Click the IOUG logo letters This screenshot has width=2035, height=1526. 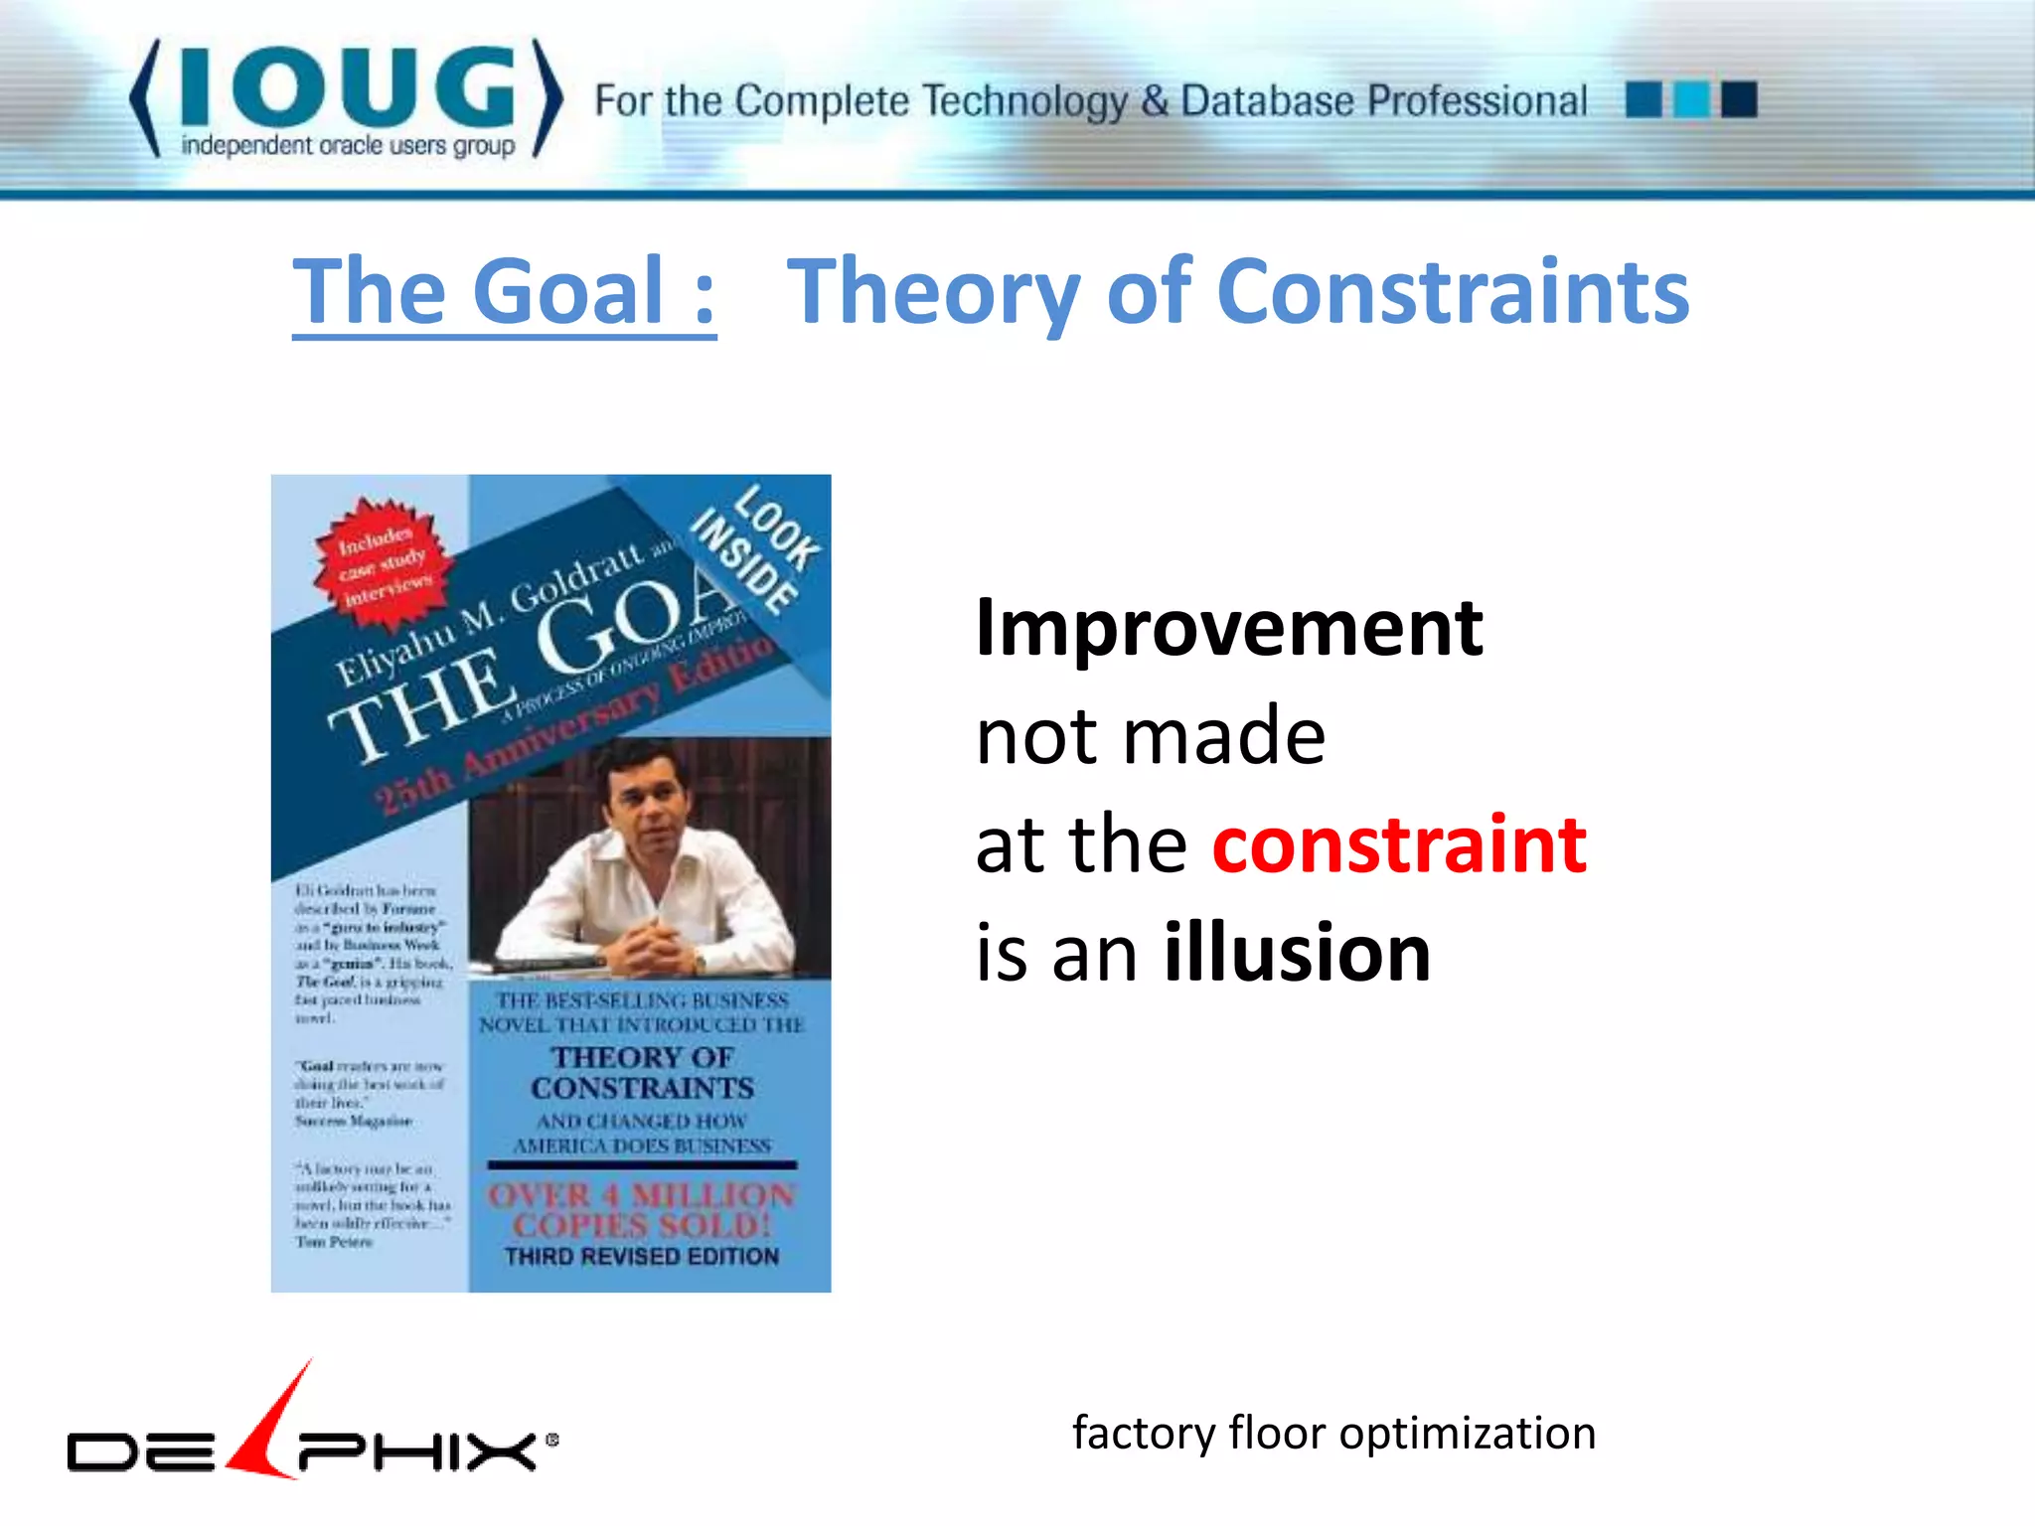pyautogui.click(x=347, y=87)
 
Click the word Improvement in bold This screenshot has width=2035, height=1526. pyautogui.click(x=1229, y=628)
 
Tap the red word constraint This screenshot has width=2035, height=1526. pyautogui.click(x=1399, y=844)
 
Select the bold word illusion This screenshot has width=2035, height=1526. pyautogui.click(x=1297, y=953)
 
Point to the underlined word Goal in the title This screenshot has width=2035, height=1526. pyautogui.click(x=568, y=291)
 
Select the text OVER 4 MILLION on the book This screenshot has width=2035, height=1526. pyautogui.click(x=641, y=1195)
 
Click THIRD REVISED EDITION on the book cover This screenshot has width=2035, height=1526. pyautogui.click(x=642, y=1257)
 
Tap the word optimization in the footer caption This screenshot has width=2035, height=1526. pyautogui.click(x=1467, y=1434)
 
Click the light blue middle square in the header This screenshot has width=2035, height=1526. pyautogui.click(x=1691, y=99)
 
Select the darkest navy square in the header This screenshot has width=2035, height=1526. pyautogui.click(x=1739, y=99)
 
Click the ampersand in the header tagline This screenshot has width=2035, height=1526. pyautogui.click(x=1154, y=101)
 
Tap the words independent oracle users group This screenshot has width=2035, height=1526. pyautogui.click(x=348, y=146)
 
